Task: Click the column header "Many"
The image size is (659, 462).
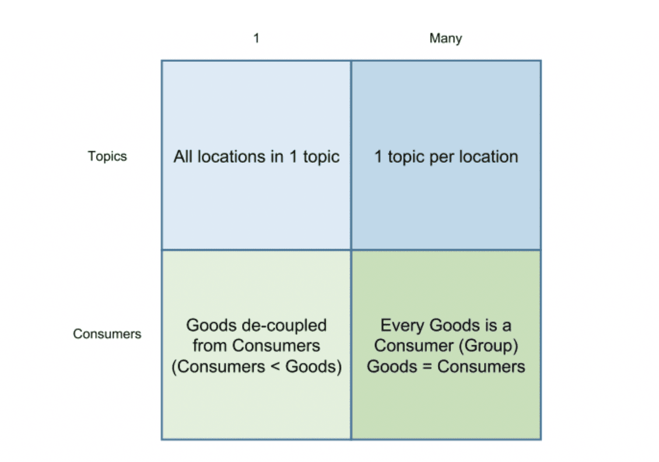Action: (446, 38)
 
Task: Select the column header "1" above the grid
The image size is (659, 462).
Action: (256, 38)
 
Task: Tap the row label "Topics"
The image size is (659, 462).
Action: (107, 156)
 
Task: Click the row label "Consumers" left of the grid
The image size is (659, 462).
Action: (107, 334)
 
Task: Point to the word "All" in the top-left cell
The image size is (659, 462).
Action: (184, 157)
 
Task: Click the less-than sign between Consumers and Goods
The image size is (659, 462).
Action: (274, 367)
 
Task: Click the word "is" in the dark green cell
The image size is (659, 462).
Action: (483, 325)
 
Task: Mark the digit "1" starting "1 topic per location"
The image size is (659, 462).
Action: (378, 157)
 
